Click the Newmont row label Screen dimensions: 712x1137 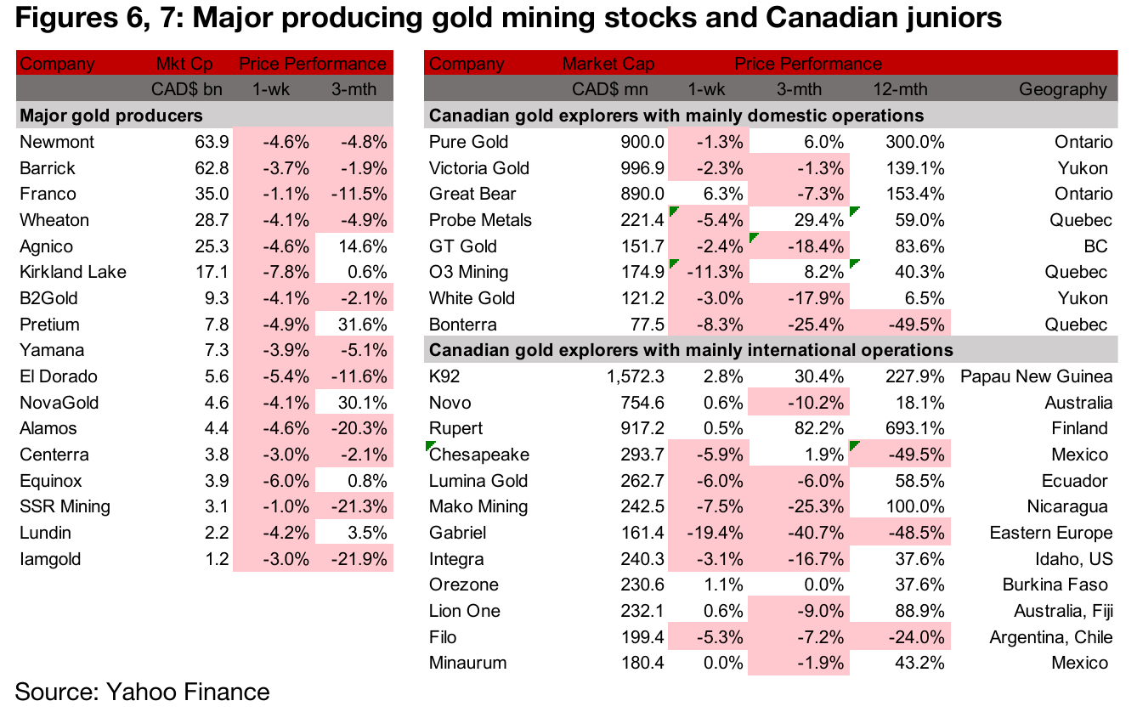(57, 142)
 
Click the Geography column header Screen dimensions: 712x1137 (1063, 89)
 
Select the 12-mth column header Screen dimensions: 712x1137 (900, 89)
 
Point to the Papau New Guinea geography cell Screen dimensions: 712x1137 (1036, 376)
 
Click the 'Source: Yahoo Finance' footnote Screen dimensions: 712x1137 (142, 692)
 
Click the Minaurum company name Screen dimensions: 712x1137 (468, 663)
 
